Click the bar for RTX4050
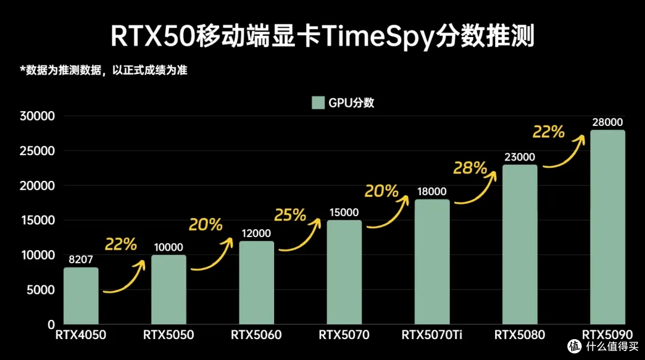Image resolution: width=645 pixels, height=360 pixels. pos(81,296)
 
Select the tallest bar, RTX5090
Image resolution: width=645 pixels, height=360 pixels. pos(607,227)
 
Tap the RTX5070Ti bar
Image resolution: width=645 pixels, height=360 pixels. pos(432,262)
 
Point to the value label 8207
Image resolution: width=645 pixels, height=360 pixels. pos(81,259)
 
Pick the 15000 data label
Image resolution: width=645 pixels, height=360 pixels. pos(344,212)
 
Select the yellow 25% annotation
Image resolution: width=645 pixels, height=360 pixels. pos(290,214)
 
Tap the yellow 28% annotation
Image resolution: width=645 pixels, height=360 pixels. pos(470,168)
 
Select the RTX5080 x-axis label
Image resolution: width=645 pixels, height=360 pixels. pos(520,335)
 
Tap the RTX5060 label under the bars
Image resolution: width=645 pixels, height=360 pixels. pos(256,335)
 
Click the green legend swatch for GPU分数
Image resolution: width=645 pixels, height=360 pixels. pos(318,103)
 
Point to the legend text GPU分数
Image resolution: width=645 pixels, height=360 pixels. pos(352,103)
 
